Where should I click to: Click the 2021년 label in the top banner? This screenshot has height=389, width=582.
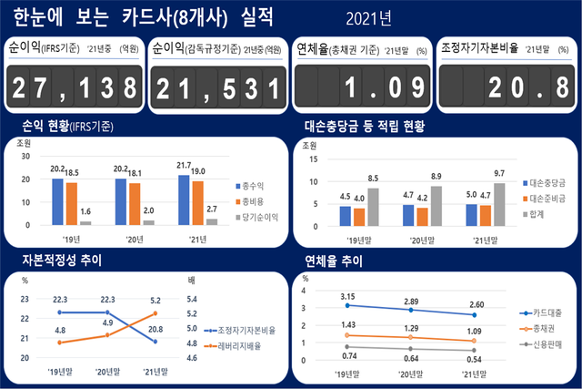click(x=368, y=18)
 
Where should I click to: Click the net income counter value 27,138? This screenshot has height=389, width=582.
click(x=74, y=87)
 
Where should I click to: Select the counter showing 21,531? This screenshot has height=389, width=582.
click(x=217, y=87)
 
